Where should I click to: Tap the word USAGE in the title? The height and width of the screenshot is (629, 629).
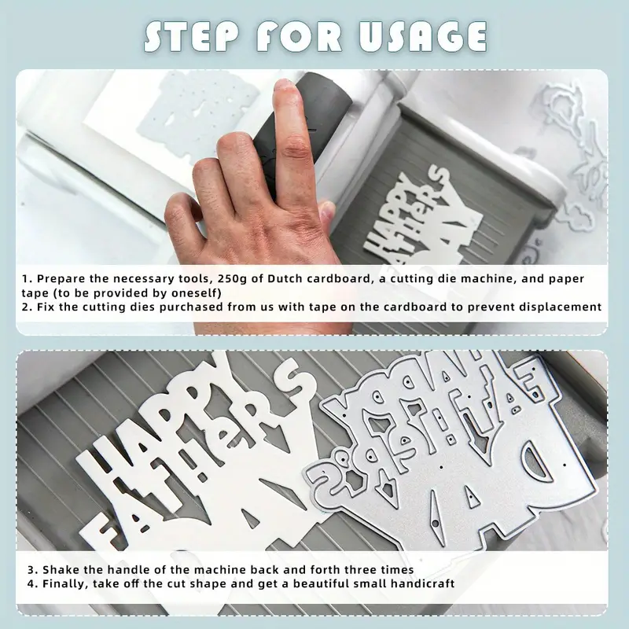(x=422, y=36)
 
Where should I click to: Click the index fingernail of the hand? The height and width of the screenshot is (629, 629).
(x=285, y=86)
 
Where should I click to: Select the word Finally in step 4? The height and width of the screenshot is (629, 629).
(x=65, y=583)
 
